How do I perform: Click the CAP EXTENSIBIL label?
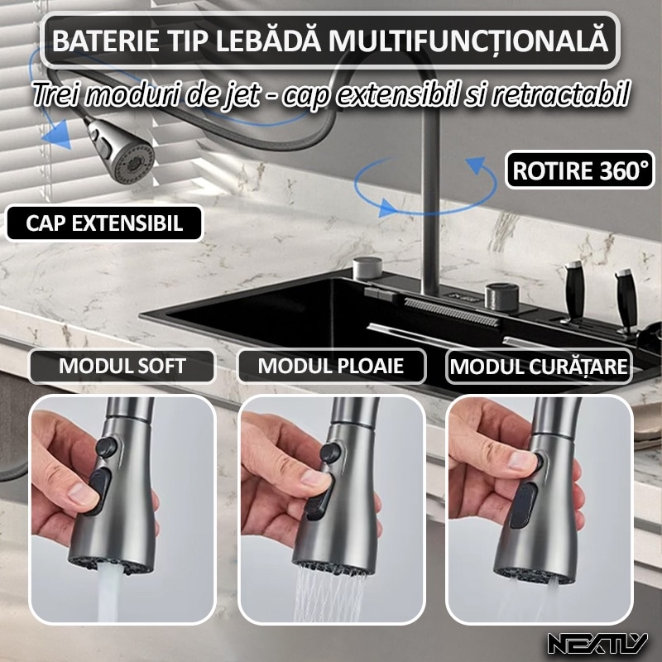pyautogui.click(x=104, y=223)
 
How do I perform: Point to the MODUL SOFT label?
pyautogui.click(x=122, y=366)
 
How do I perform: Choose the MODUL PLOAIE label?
pyautogui.click(x=331, y=366)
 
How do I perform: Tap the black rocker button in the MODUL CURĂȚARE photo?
pyautogui.click(x=521, y=505)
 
